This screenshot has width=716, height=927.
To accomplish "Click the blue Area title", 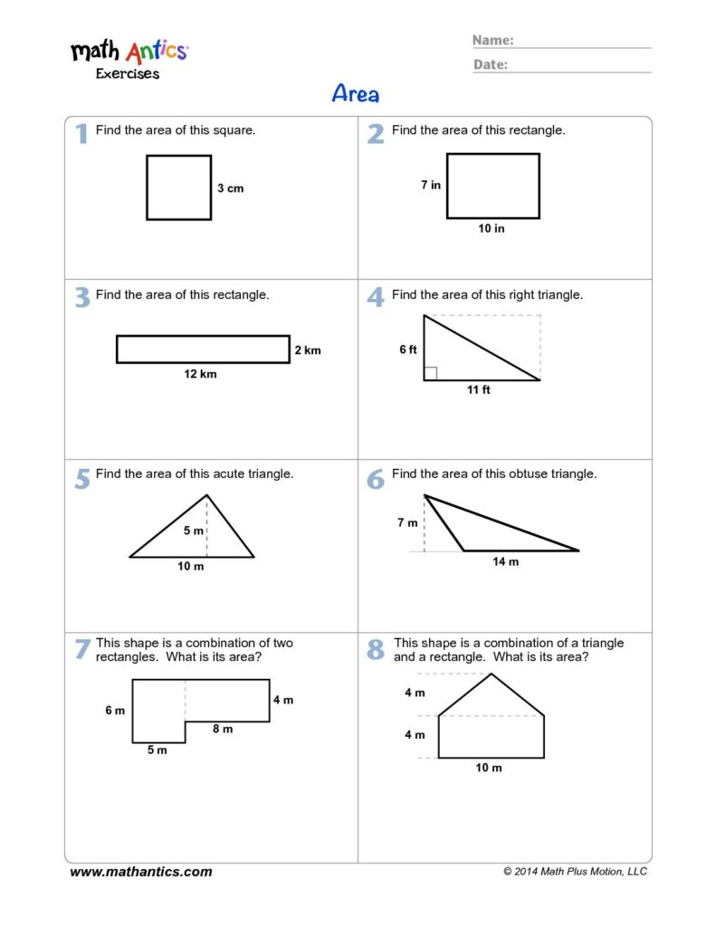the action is pos(356,93).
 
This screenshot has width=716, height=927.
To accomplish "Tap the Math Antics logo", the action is pos(129,59).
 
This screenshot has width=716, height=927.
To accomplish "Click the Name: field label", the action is pos(493,40).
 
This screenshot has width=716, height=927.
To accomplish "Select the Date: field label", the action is pos(490,64).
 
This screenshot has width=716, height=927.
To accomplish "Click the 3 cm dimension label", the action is pos(231,188).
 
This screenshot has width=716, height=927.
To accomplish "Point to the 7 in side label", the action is pos(431,185).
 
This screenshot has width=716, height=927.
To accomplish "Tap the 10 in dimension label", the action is pos(492,228).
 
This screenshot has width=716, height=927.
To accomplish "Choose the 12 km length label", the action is pos(200,374).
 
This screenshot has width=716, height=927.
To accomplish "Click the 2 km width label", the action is pos(308,350).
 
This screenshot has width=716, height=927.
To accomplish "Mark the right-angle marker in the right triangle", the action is pos(431,373).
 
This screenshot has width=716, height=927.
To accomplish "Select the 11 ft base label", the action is pos(478,389).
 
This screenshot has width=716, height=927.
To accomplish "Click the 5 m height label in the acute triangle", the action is pos(194,530).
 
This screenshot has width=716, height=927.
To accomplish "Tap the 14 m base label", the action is pos(505,561).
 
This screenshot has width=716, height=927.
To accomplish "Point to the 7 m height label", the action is pos(407,522).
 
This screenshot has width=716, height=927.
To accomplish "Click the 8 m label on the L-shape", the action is pos(223,729).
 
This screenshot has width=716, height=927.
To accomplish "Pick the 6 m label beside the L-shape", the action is pos(115,710).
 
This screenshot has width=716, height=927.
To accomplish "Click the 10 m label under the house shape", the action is pos(489,768).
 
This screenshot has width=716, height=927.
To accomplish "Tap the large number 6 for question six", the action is pos(376,479).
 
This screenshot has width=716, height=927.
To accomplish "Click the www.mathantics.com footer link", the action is pos(140,872).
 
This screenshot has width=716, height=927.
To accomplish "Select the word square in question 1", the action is pos(235,130).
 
